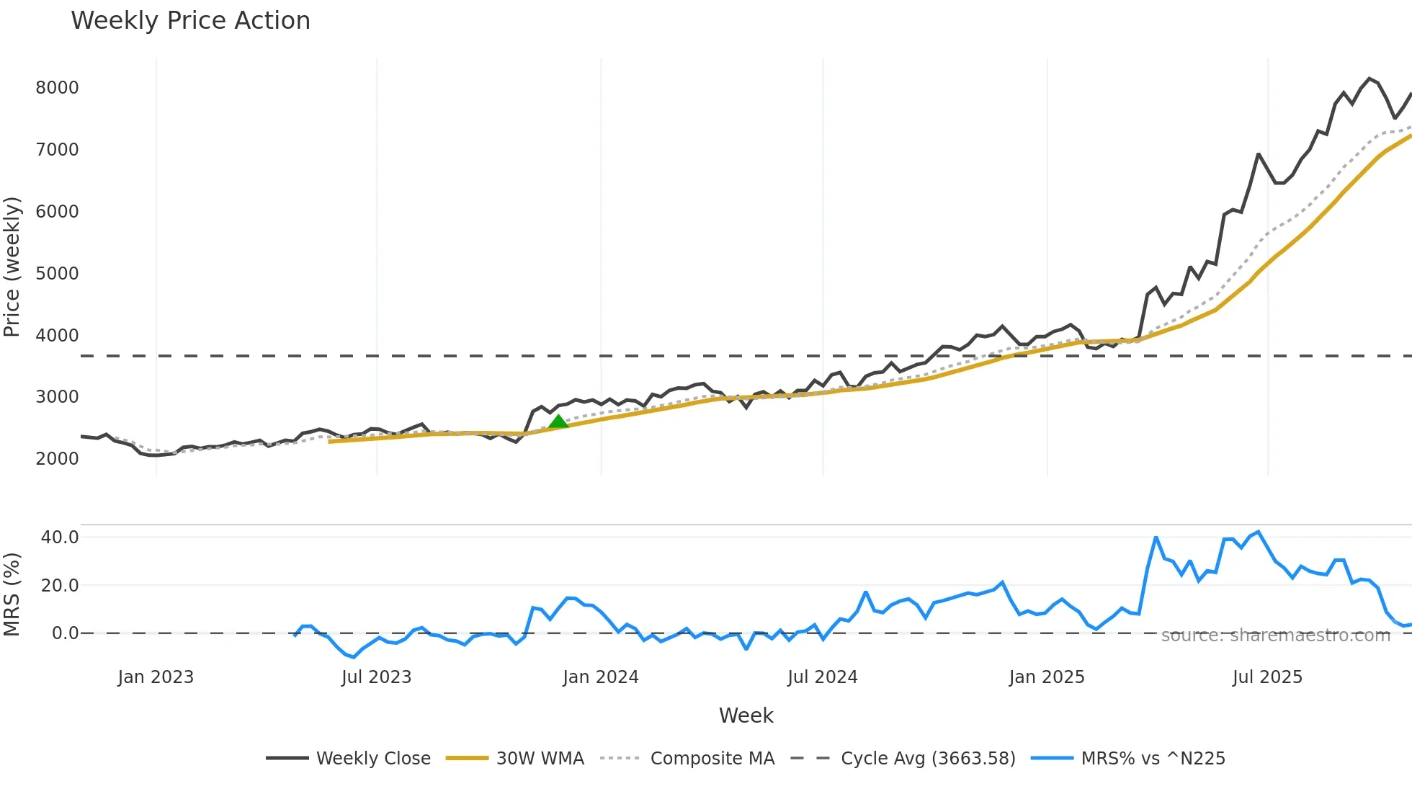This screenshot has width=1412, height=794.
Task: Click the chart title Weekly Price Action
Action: click(190, 21)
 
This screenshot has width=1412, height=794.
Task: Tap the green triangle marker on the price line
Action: click(558, 422)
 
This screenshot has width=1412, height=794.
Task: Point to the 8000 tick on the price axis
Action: click(57, 88)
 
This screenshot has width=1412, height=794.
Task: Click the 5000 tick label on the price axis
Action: click(57, 274)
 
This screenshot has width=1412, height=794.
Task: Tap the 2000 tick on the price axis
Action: click(57, 459)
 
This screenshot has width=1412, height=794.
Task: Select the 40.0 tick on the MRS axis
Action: click(60, 537)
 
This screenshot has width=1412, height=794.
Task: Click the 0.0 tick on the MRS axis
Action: click(66, 633)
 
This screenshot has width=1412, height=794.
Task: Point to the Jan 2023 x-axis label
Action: click(156, 677)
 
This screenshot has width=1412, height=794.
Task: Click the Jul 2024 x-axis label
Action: click(822, 677)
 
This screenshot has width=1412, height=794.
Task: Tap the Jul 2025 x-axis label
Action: click(1267, 677)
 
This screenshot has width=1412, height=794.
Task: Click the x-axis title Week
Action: click(746, 715)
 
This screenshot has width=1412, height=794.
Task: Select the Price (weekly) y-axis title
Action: click(12, 267)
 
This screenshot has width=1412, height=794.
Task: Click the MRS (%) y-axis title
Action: click(12, 594)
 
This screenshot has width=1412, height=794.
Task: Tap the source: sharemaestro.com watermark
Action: click(1275, 635)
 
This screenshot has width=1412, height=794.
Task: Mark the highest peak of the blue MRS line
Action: click(1259, 532)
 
